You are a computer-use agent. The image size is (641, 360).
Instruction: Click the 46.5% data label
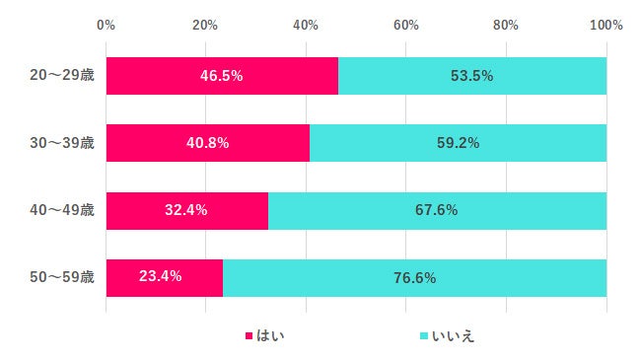tap(222, 76)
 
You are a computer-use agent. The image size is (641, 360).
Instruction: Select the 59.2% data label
tap(458, 143)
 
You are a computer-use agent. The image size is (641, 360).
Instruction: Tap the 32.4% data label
tap(187, 210)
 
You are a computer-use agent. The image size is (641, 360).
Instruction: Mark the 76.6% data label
tap(414, 277)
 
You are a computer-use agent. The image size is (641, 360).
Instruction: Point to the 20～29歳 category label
tap(61, 76)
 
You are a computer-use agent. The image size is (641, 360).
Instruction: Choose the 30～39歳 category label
tap(61, 143)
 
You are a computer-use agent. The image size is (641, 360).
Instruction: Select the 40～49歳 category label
tap(61, 210)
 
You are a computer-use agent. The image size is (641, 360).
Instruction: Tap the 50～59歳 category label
tap(61, 277)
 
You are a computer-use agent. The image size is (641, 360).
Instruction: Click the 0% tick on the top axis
tap(106, 25)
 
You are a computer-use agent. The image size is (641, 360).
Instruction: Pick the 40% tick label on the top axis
tap(306, 25)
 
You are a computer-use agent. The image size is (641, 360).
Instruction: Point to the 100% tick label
tap(605, 25)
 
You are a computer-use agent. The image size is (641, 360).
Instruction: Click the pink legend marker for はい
tap(249, 337)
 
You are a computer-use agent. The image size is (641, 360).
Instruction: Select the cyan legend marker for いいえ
tap(424, 337)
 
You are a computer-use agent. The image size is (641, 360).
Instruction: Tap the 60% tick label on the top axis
tap(405, 25)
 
